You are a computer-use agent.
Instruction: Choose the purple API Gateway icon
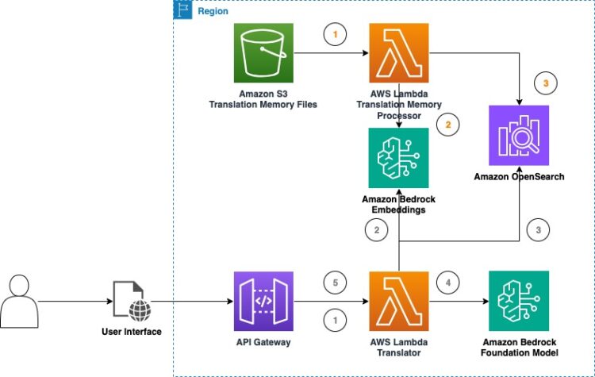click(264, 301)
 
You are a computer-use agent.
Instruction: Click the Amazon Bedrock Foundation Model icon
click(519, 301)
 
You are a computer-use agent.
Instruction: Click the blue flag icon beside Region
click(183, 11)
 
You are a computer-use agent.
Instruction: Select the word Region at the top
click(212, 12)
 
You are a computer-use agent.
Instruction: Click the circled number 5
click(336, 281)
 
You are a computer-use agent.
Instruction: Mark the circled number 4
click(448, 281)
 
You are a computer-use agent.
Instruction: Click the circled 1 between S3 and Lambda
click(336, 36)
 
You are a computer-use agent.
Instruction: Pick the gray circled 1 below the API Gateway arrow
click(336, 321)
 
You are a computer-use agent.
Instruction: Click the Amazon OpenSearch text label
click(519, 176)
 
